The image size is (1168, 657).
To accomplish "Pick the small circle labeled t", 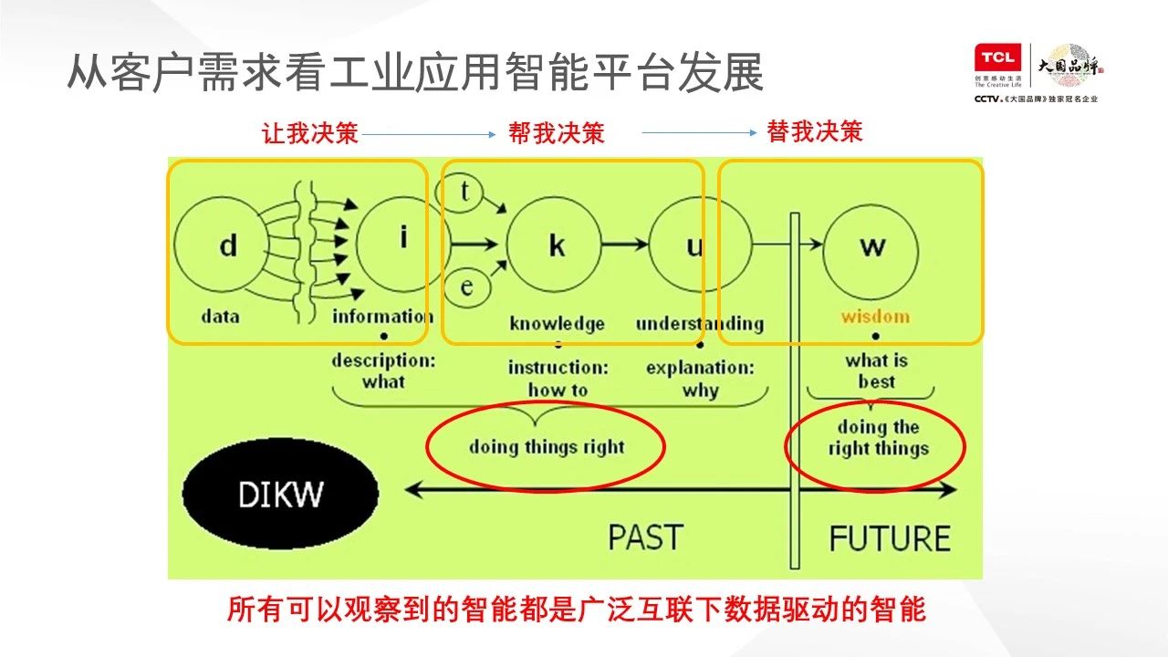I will coord(465,193).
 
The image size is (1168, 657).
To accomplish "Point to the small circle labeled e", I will coord(466,287).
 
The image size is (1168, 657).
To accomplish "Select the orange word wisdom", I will coord(875,317).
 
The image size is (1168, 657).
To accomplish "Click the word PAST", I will coord(645,537).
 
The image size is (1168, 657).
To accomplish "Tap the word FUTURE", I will coord(889,537).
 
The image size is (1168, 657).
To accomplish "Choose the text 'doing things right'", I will coord(547,447).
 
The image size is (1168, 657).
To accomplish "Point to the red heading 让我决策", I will coord(309,133).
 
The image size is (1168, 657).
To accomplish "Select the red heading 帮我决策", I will coord(557,133).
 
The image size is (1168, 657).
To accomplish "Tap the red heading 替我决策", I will coord(814,131).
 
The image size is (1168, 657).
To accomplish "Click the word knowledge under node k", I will coord(557,323).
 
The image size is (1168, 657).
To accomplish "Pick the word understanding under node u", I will coord(699,323).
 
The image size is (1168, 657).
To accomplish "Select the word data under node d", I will coord(220,317).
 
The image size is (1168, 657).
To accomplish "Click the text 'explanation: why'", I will coord(700,379).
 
